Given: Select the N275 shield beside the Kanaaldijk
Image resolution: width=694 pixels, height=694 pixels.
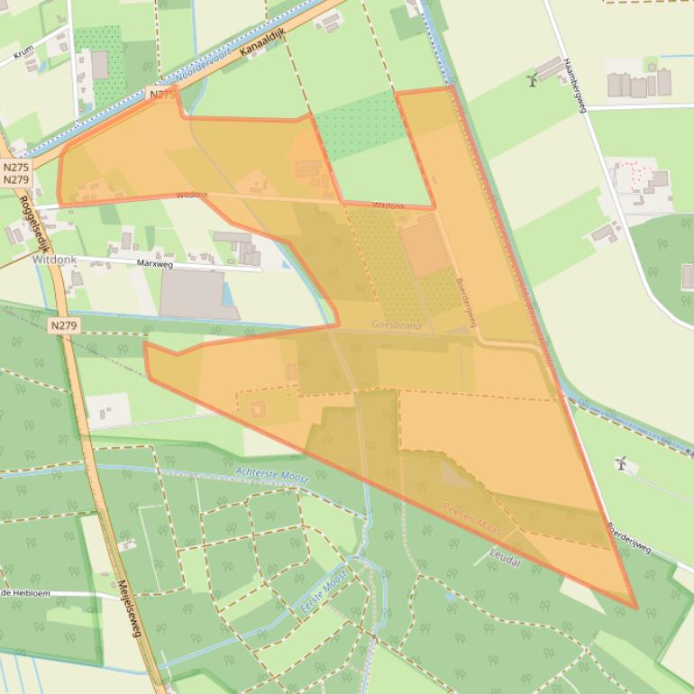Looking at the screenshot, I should coord(162,94).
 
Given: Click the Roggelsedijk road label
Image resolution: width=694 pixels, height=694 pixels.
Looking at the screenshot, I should coord(34,224).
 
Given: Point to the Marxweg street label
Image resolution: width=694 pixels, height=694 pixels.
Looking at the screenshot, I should coord(154,265).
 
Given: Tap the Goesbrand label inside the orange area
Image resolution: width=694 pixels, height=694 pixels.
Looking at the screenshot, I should coord(397,324).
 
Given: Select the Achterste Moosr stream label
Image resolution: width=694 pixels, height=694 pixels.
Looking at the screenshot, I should coord(271,475).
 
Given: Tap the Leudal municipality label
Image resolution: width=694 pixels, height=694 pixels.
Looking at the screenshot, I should coord(505,559).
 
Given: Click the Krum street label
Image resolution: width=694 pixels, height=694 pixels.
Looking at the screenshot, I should coord(23,59).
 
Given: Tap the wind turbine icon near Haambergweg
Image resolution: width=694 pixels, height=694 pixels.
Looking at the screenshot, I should coord(532,80).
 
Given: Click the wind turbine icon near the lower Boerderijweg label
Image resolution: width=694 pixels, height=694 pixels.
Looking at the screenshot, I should coord(620,463).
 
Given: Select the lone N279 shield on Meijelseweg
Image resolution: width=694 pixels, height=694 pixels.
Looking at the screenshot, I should coord(64,325).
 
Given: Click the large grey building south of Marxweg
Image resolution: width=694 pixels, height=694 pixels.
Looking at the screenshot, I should coord(194,294).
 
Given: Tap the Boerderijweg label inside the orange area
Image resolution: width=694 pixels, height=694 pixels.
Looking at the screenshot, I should coord(466,301).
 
